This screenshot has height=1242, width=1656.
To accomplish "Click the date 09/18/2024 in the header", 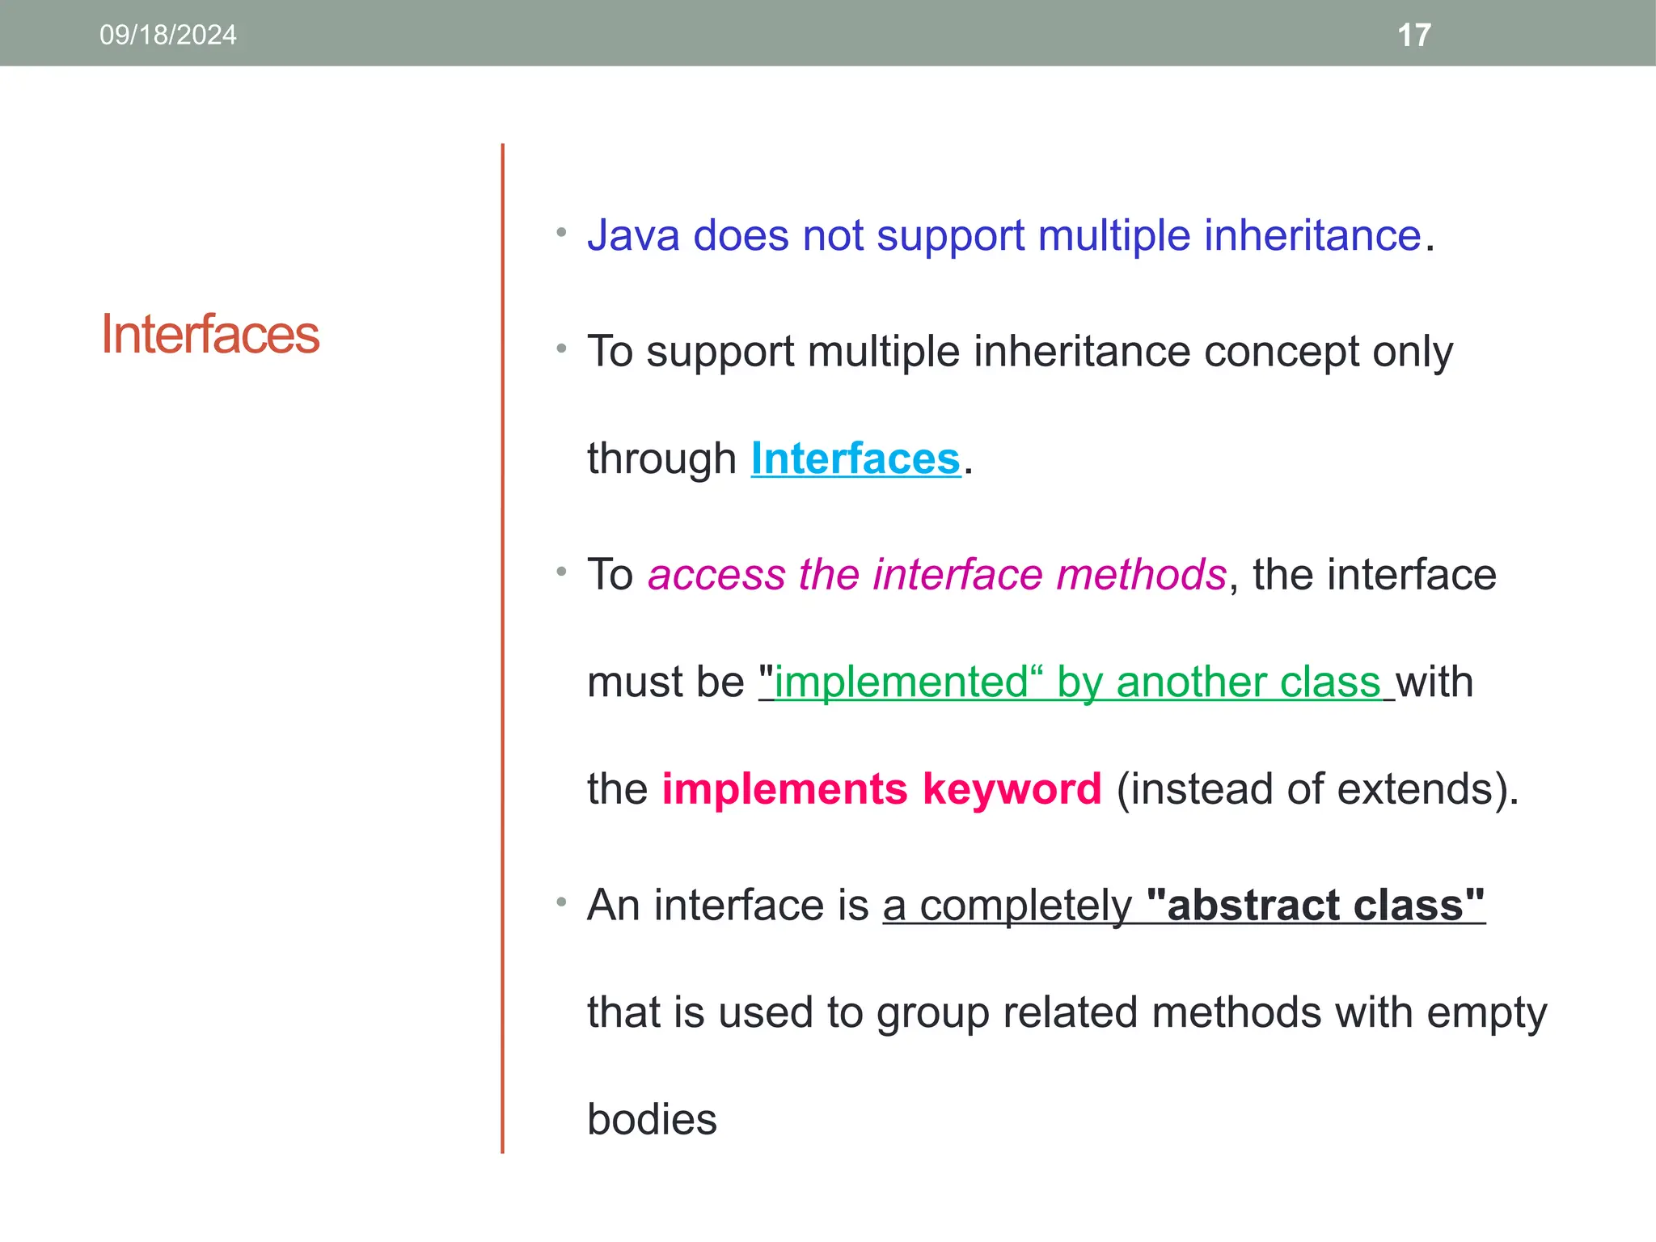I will (x=167, y=35).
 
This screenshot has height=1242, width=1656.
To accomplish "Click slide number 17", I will (x=1414, y=35).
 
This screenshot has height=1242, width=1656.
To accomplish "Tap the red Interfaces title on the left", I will (x=209, y=334).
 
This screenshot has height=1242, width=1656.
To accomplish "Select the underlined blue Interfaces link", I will (x=855, y=458).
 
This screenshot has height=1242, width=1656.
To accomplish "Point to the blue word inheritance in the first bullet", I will (x=1312, y=235).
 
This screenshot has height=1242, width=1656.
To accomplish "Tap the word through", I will (x=661, y=458).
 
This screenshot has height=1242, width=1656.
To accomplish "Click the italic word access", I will (x=716, y=575).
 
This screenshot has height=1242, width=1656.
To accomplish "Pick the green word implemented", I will (x=901, y=682).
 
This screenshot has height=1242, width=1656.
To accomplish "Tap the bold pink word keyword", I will (x=1012, y=788).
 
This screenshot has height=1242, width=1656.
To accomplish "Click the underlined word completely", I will (x=1025, y=905).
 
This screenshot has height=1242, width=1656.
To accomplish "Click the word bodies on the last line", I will (x=652, y=1120).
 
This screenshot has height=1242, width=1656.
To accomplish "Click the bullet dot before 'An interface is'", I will (x=561, y=902).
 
